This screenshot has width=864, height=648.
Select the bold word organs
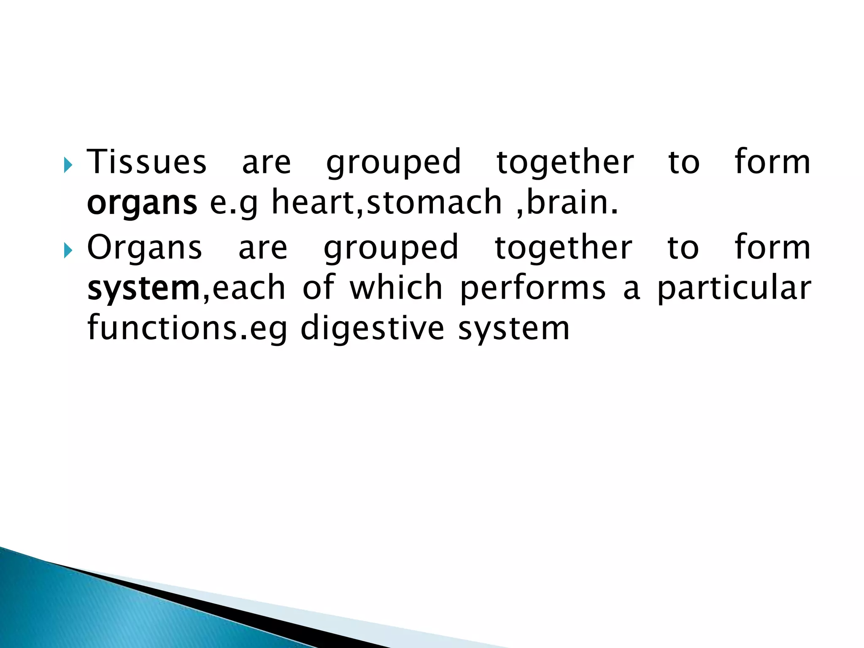tap(142, 203)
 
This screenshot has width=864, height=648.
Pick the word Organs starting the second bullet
tap(145, 248)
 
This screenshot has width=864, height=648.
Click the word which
tap(396, 288)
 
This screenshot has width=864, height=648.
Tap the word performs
tap(533, 289)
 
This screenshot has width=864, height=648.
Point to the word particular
tap(734, 289)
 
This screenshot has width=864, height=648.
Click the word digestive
tap(373, 329)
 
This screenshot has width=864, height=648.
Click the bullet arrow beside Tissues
tap(68, 165)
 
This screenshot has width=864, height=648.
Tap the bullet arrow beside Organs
tap(68, 251)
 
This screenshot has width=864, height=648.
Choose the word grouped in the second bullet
tap(391, 248)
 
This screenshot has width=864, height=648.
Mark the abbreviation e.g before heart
tap(234, 203)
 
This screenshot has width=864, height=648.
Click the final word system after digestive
tap(514, 329)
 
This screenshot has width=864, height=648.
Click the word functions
tap(164, 328)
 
